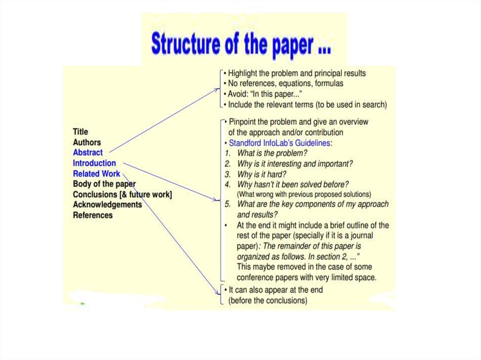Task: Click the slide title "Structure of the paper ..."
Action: (x=241, y=44)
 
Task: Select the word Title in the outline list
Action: (x=80, y=132)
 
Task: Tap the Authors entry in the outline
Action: (x=87, y=142)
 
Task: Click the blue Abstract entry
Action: (x=88, y=153)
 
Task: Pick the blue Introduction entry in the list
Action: (x=94, y=163)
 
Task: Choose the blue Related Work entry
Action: (x=96, y=174)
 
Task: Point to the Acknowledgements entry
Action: (x=107, y=205)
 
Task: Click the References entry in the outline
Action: (x=93, y=215)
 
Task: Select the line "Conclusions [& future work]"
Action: (x=122, y=194)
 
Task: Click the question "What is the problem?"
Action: (x=272, y=153)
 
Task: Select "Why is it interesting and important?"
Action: (x=295, y=164)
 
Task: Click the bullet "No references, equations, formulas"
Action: (x=286, y=84)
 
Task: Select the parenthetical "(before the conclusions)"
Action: (x=268, y=300)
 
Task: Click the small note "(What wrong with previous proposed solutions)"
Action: (x=304, y=194)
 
